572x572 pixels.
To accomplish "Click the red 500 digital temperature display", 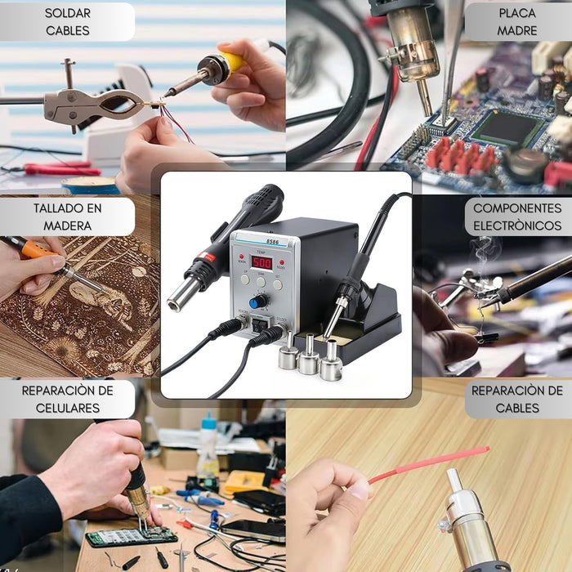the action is point(261,263).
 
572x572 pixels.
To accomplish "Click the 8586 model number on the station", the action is point(272,242).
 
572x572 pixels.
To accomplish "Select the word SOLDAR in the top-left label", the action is point(68,13).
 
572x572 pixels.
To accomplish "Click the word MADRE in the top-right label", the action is point(517,31).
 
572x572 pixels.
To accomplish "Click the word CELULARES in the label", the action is point(68,408).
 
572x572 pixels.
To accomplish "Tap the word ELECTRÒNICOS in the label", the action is point(517,226).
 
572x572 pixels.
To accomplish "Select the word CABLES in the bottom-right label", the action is point(517,408).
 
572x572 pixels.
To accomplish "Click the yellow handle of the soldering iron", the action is point(231,61).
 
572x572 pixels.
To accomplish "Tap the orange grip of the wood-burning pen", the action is point(36,251).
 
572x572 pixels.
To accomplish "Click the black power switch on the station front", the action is point(260,324).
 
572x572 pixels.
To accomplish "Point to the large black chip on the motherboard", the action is point(507,128).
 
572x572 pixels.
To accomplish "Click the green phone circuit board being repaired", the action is point(132,537).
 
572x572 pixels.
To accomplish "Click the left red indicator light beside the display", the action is point(242,257).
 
